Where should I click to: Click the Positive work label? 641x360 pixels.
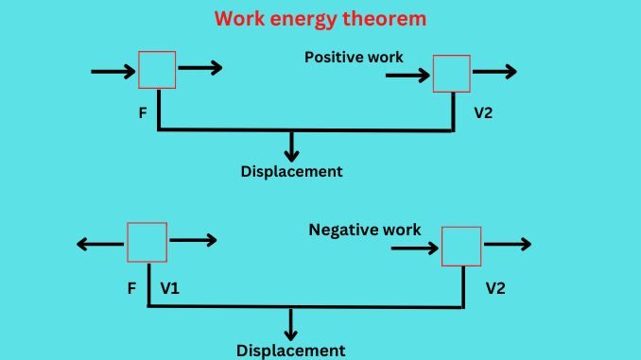(x=354, y=58)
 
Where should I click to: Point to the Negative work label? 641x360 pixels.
(x=365, y=230)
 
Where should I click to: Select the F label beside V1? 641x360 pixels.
(x=132, y=286)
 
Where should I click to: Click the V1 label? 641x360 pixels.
(x=170, y=286)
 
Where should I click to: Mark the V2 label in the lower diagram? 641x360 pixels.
(x=495, y=286)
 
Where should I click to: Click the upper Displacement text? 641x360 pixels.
(x=291, y=172)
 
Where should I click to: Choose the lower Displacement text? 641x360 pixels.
(x=291, y=351)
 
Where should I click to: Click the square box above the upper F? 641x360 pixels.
(x=156, y=69)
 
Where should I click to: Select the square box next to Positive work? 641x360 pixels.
(x=451, y=73)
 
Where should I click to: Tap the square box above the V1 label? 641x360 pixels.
(x=147, y=242)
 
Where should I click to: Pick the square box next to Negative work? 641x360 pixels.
(x=461, y=246)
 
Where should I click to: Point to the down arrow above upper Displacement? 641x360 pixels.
(x=291, y=146)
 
